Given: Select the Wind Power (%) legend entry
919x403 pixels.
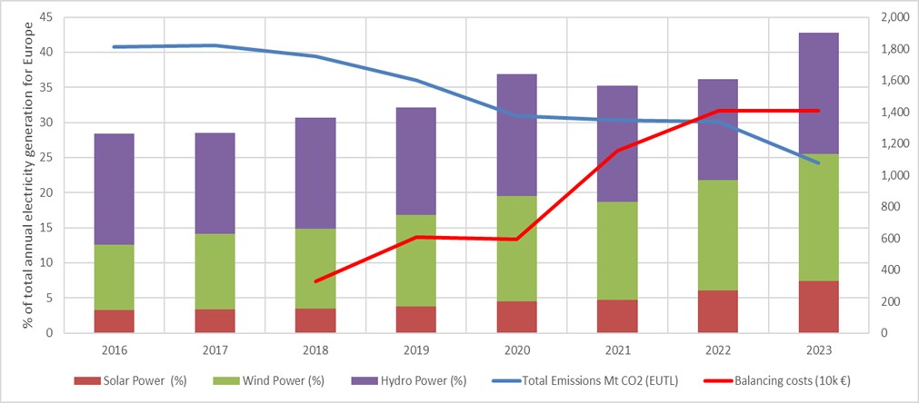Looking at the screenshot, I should click(285, 380).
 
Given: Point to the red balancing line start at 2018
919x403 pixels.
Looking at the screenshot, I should click(315, 281).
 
